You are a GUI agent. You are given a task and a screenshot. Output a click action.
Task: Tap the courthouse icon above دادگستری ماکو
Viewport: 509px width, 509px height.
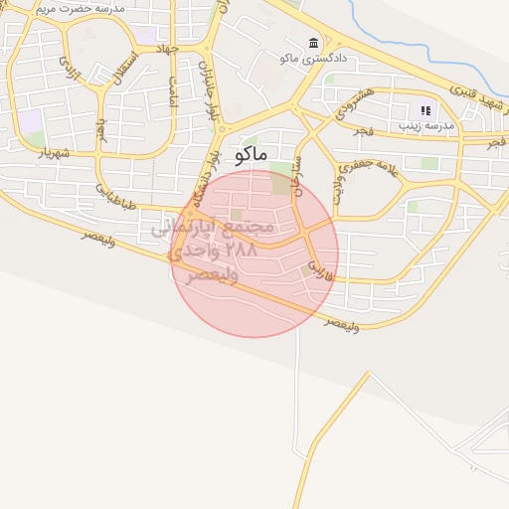(x=314, y=43)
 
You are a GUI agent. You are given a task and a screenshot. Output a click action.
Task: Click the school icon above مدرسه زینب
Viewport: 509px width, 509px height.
(x=426, y=110)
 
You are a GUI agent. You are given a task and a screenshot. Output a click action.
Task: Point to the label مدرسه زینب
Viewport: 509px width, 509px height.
(x=425, y=126)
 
